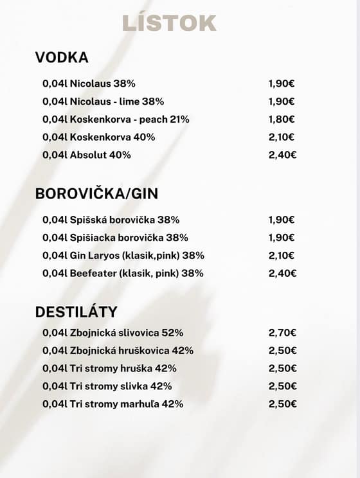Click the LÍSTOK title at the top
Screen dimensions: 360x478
[x=169, y=23]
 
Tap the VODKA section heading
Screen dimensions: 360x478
[x=62, y=58]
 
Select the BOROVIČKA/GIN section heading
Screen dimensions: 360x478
[x=96, y=194]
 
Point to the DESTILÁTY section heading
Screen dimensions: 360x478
[x=76, y=312]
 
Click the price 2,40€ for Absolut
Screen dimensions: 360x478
[x=282, y=155]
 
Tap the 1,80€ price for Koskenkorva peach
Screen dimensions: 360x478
[x=282, y=119]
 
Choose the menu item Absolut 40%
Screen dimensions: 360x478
[x=87, y=155]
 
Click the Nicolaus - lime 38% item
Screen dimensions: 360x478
[x=103, y=102]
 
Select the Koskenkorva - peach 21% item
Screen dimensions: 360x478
[x=116, y=119]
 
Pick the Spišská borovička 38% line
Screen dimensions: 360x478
[x=111, y=220]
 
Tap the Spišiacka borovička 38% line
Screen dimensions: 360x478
[x=115, y=238]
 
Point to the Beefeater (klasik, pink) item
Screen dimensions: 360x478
[x=123, y=273]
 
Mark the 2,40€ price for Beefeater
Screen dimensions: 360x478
[x=282, y=273]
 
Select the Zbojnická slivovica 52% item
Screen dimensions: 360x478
[x=113, y=333]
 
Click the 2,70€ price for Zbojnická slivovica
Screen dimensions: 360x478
[x=282, y=333]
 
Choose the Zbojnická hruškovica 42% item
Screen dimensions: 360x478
[x=118, y=351]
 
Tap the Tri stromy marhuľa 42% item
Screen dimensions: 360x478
[x=113, y=404]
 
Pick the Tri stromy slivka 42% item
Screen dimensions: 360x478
[x=107, y=386]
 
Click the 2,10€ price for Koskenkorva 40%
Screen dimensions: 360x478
[x=282, y=137]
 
